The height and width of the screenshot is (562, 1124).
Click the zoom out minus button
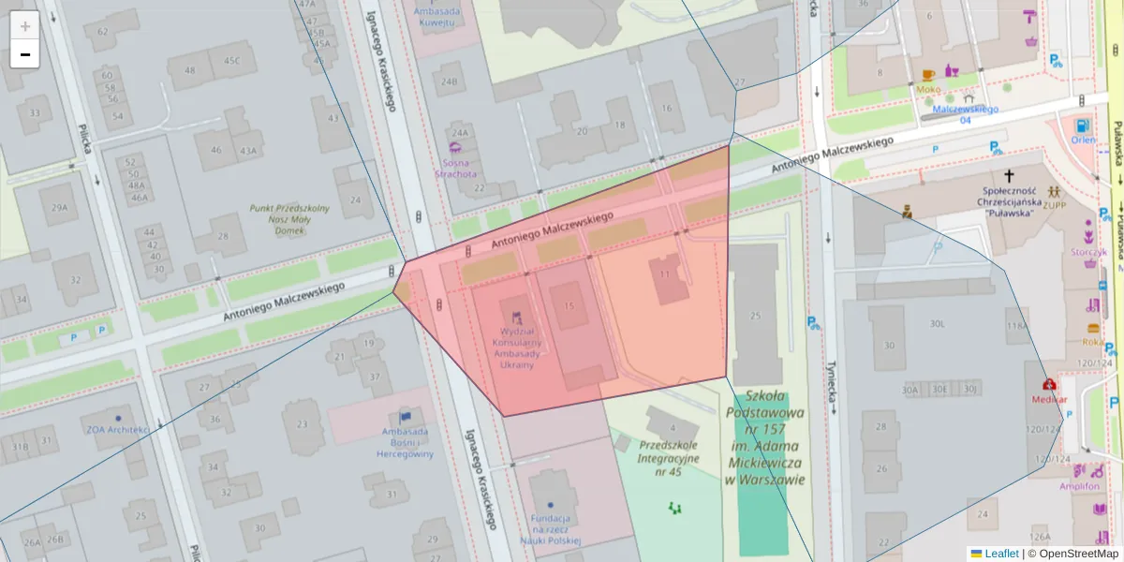(25, 54)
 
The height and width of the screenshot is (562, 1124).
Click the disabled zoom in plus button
(25, 25)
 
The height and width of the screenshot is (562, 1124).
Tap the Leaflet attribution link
(1001, 554)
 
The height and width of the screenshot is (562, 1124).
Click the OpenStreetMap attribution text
(1078, 554)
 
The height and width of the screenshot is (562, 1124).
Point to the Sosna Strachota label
(459, 168)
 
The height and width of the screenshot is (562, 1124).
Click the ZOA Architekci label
(118, 430)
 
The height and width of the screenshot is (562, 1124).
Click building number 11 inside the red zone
(665, 274)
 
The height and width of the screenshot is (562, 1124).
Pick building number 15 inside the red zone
(569, 306)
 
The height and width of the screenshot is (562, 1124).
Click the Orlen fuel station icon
(1083, 126)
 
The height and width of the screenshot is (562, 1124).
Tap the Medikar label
(1050, 398)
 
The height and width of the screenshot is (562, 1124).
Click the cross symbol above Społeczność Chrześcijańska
(1009, 175)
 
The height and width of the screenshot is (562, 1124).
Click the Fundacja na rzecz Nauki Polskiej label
(550, 529)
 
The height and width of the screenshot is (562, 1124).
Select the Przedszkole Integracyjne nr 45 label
(669, 458)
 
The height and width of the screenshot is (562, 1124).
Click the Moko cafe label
(928, 89)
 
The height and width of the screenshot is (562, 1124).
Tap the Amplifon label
(1079, 486)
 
